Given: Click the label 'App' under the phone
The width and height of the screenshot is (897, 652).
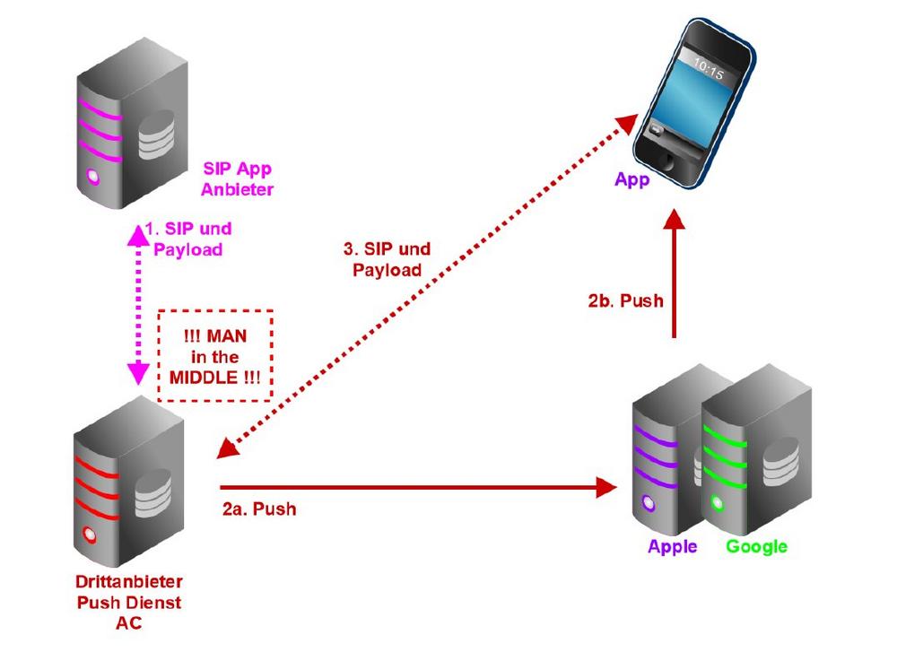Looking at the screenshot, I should point(632,180).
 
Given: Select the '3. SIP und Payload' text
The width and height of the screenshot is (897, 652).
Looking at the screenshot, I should point(388,258).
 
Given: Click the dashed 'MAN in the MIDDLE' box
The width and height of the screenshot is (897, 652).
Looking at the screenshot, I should point(214,354).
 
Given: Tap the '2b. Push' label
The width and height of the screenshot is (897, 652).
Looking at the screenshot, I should point(626,300).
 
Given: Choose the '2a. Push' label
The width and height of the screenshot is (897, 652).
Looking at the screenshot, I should point(259,509).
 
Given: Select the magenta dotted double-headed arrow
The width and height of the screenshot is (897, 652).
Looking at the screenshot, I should point(138,300).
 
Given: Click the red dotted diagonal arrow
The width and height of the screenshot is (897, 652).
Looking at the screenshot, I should point(422,287).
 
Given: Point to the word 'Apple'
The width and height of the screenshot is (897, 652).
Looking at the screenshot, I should point(672,547).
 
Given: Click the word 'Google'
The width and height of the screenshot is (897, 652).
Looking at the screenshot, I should point(756,547).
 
